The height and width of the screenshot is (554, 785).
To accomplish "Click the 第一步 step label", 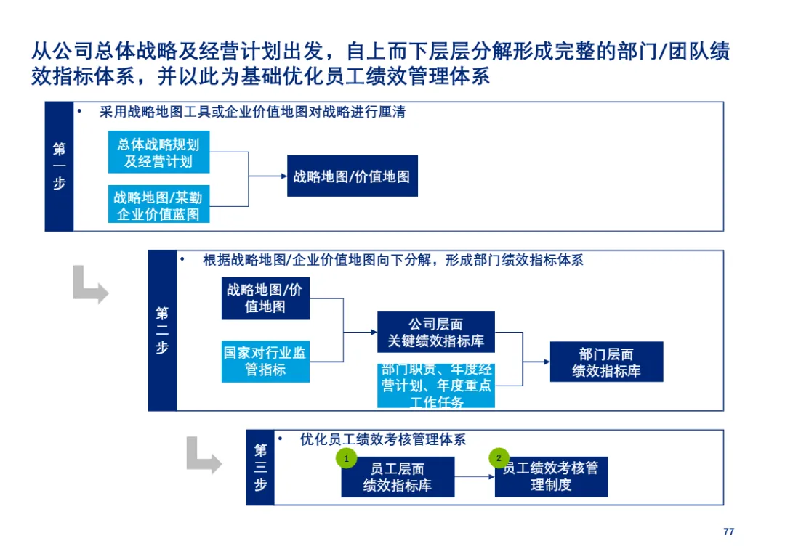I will (x=59, y=166).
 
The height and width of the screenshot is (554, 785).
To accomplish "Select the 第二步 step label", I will (x=162, y=330).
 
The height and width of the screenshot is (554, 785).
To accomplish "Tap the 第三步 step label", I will (x=260, y=467).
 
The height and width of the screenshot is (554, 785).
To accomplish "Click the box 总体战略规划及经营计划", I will (x=158, y=152).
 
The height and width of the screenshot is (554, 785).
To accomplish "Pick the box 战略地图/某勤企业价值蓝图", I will (x=158, y=205).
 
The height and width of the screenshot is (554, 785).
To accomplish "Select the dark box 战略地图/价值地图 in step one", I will (x=352, y=176).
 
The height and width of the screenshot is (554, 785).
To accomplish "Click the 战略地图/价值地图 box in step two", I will (x=265, y=298).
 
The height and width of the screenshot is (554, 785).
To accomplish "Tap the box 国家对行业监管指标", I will (x=265, y=361).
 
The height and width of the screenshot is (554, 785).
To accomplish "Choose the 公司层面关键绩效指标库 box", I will (x=435, y=332).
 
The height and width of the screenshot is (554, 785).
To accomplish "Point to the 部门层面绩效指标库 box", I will (x=606, y=362).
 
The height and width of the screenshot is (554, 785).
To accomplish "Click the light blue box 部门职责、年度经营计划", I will (x=435, y=386).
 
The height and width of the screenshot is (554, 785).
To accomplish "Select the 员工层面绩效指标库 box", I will (x=398, y=477).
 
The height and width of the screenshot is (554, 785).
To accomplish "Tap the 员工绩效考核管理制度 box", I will (x=551, y=477).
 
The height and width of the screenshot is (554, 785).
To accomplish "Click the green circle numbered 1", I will (x=347, y=458).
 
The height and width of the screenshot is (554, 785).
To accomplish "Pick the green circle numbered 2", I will (x=499, y=458).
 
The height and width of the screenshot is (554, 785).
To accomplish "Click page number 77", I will (x=728, y=532).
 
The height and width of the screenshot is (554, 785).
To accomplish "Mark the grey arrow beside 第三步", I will (x=204, y=455).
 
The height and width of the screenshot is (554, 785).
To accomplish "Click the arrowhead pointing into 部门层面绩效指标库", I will (x=545, y=361).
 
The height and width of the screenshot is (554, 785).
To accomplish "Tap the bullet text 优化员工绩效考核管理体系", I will (x=382, y=439).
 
